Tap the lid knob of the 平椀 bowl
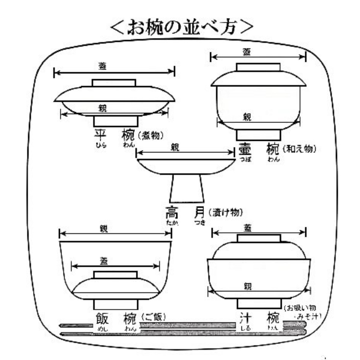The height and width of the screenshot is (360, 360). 114,83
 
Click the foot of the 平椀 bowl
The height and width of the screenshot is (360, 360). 116,121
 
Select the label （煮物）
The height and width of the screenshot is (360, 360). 151,136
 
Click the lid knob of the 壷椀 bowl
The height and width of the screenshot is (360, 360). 258,67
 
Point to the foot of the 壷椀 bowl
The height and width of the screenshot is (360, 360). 258,135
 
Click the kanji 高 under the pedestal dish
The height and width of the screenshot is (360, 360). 172,212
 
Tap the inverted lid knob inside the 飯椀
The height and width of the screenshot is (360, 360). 115,275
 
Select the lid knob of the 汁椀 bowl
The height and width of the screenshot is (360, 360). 259,238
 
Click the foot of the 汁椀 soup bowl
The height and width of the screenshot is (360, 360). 259,303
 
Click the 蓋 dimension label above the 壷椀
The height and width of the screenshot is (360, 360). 247,52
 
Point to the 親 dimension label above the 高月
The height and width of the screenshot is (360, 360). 175,147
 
